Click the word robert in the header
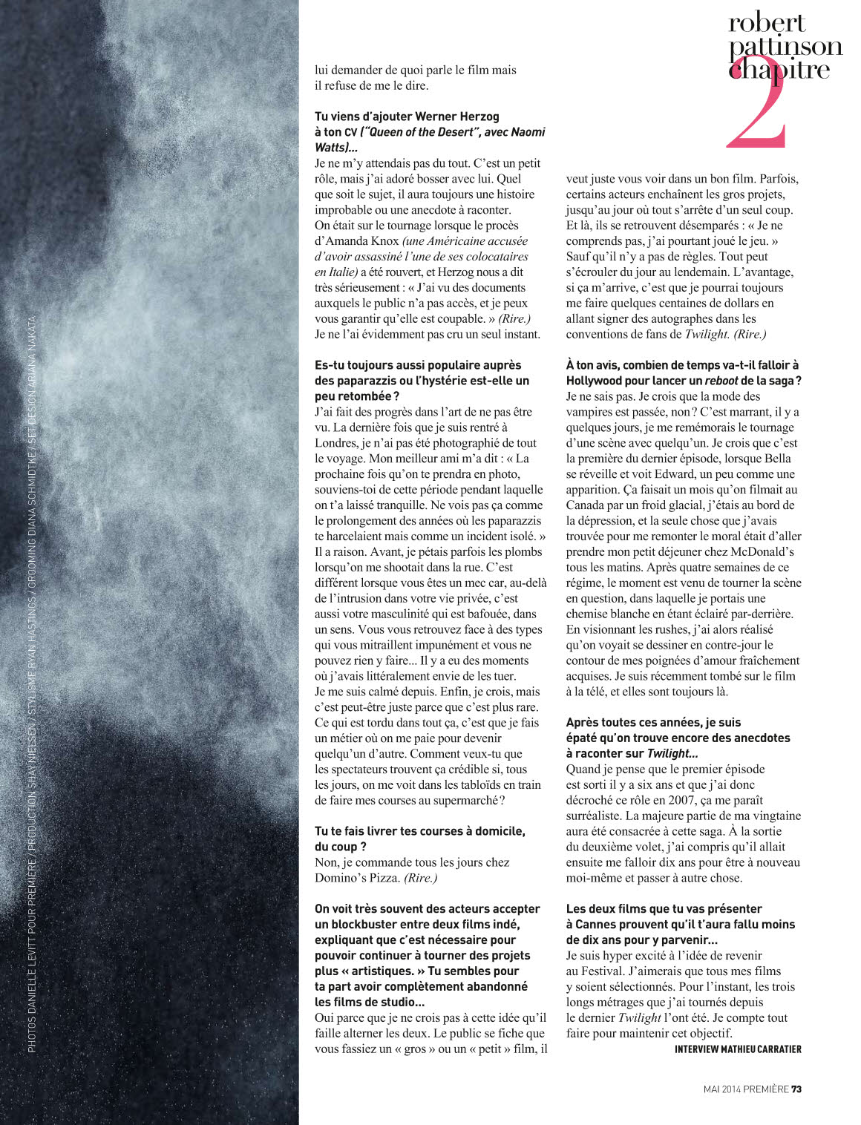767,23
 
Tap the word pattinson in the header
785,47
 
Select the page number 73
796,1089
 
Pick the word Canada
587,505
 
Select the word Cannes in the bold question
600,924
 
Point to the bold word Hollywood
598,381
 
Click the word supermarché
462,800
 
